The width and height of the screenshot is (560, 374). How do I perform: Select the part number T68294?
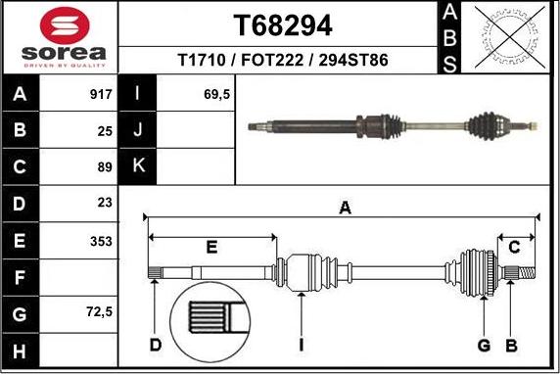[x=283, y=23]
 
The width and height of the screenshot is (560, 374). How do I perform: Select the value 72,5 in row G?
[x=98, y=313]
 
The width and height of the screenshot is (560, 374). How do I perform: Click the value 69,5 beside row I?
[x=216, y=95]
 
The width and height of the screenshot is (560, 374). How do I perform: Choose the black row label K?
[x=137, y=166]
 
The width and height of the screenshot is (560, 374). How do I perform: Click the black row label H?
[x=21, y=350]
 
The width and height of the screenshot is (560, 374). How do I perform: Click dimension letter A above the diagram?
[x=344, y=207]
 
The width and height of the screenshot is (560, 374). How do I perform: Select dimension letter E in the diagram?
[x=211, y=247]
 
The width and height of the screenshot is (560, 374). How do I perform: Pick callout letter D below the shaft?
[x=156, y=345]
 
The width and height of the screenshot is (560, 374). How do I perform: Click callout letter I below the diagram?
[x=303, y=345]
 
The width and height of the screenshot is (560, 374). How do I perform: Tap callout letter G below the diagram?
[x=484, y=345]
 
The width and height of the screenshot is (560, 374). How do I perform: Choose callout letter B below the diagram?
[x=510, y=345]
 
